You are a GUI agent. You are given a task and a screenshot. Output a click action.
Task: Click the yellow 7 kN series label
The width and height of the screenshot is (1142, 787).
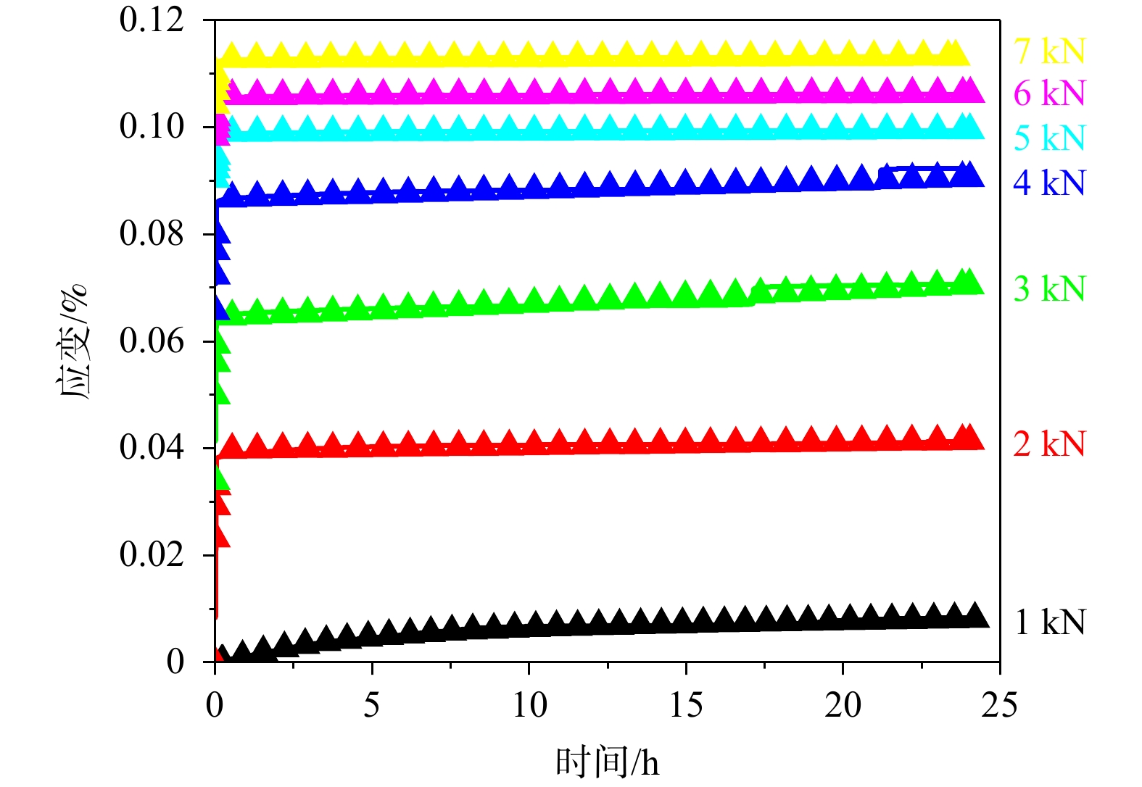pyautogui.click(x=1049, y=51)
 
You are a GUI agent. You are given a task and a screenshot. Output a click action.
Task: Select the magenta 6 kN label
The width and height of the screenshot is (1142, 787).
pyautogui.click(x=1049, y=93)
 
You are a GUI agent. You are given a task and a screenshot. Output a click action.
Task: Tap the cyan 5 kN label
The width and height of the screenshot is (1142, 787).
pyautogui.click(x=1049, y=138)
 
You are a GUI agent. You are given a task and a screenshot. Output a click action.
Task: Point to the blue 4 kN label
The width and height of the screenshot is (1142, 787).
pyautogui.click(x=1049, y=183)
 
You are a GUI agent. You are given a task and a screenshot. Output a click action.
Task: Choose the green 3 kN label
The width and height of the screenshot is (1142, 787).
pyautogui.click(x=1049, y=288)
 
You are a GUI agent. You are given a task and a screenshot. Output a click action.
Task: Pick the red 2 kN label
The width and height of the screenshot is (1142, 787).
pyautogui.click(x=1049, y=444)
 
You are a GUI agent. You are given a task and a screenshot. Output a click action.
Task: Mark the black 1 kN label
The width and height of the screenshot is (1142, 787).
pyautogui.click(x=1049, y=622)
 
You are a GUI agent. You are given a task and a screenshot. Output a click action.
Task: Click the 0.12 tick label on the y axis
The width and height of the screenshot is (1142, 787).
pyautogui.click(x=152, y=20)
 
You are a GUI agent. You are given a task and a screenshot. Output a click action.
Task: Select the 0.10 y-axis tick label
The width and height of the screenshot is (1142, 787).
pyautogui.click(x=152, y=127)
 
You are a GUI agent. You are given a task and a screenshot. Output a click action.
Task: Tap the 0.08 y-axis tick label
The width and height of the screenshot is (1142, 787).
pyautogui.click(x=152, y=233)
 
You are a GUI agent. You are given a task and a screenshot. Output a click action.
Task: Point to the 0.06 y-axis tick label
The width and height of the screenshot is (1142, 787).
pyautogui.click(x=152, y=341)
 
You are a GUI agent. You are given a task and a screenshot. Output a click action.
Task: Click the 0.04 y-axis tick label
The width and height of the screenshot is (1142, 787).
pyautogui.click(x=152, y=447)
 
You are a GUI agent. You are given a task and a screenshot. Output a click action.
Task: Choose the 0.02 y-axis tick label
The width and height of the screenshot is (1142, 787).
pyautogui.click(x=152, y=554)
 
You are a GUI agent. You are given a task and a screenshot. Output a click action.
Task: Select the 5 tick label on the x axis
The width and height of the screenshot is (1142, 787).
pyautogui.click(x=371, y=704)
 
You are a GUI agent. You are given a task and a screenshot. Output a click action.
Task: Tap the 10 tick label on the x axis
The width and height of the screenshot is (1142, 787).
pyautogui.click(x=529, y=704)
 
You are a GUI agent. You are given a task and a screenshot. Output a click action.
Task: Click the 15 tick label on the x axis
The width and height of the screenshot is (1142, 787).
pyautogui.click(x=686, y=704)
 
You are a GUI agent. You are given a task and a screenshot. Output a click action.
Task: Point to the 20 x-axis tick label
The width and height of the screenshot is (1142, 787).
pyautogui.click(x=843, y=704)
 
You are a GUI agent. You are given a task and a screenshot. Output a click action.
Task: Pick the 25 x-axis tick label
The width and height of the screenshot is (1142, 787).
pyautogui.click(x=999, y=704)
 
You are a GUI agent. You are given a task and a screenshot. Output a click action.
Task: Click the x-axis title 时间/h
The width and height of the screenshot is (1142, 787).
pyautogui.click(x=608, y=762)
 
